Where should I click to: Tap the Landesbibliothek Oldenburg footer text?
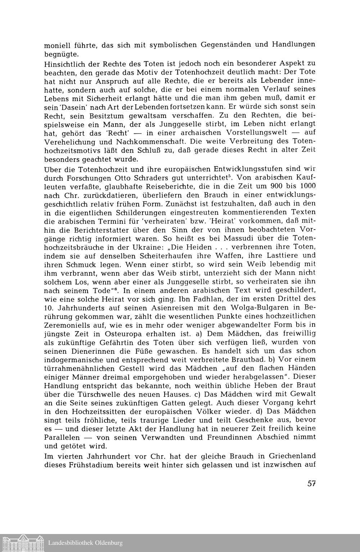[86, 543]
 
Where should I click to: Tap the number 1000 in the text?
[307, 186]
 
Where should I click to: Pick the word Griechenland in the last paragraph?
[293, 456]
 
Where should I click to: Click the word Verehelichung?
[71, 141]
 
